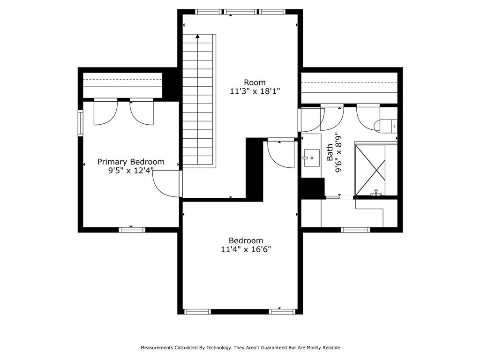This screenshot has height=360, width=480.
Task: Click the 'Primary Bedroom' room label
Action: pyautogui.click(x=131, y=162)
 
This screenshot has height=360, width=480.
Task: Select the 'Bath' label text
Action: pyautogui.click(x=330, y=153)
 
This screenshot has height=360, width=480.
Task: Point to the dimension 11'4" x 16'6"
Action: pyautogui.click(x=246, y=250)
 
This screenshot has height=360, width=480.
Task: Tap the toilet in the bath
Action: pyautogui.click(x=387, y=126)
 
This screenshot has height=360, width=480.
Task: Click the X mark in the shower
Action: pyautogui.click(x=370, y=170)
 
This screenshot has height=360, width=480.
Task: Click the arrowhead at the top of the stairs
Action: pyautogui.click(x=198, y=36)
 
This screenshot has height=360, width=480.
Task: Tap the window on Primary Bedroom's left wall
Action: pyautogui.click(x=80, y=122)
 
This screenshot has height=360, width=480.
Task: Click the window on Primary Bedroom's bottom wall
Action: pyautogui.click(x=132, y=230)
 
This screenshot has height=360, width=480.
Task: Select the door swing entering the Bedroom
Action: pyautogui.click(x=281, y=153)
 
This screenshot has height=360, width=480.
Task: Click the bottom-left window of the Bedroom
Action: pyautogui.click(x=197, y=311)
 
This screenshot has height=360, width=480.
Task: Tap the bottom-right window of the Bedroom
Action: pyautogui.click(x=282, y=311)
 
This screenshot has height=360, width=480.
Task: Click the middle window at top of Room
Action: pyautogui.click(x=240, y=12)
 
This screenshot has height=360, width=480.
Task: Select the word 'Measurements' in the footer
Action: pyautogui.click(x=157, y=348)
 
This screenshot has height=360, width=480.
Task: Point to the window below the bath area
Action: pyautogui.click(x=355, y=230)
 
